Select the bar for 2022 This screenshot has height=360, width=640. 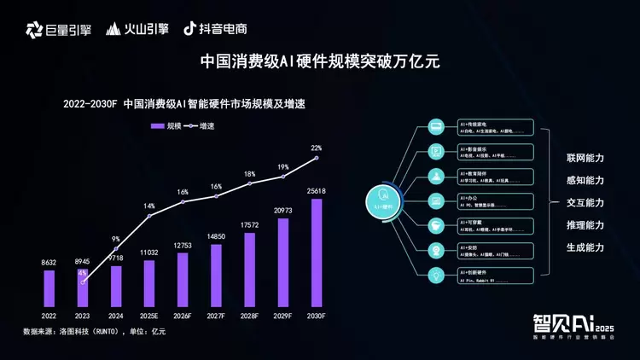coord(49,288)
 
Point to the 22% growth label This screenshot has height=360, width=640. coord(317,148)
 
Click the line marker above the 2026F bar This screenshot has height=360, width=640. coord(183,202)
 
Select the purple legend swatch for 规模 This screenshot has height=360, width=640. coord(157,125)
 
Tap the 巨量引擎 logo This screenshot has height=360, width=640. coord(58,29)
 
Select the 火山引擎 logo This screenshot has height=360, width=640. coord(137,29)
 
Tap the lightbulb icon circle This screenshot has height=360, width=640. coord(435,275)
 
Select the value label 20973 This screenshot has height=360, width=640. coord(283,210)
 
